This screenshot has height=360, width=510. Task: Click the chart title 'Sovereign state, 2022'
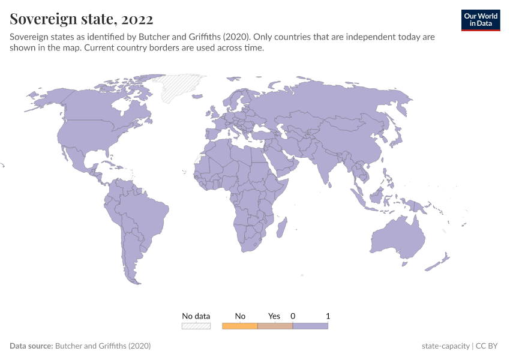pos(81,19)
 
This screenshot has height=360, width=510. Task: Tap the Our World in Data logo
pos(480,20)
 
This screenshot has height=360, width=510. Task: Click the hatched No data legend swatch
pos(196,326)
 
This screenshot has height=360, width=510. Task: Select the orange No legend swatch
pos(239,326)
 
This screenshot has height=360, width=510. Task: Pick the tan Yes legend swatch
pos(275,326)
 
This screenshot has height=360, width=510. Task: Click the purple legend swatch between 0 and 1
pos(310,326)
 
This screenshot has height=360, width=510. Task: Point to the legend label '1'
pos(328,316)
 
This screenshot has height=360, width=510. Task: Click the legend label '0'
pos(293,316)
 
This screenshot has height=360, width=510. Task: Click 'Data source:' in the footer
pos(31,346)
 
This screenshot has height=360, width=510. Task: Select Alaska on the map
pos(45,99)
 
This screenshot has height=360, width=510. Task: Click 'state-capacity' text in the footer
pos(445,346)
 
